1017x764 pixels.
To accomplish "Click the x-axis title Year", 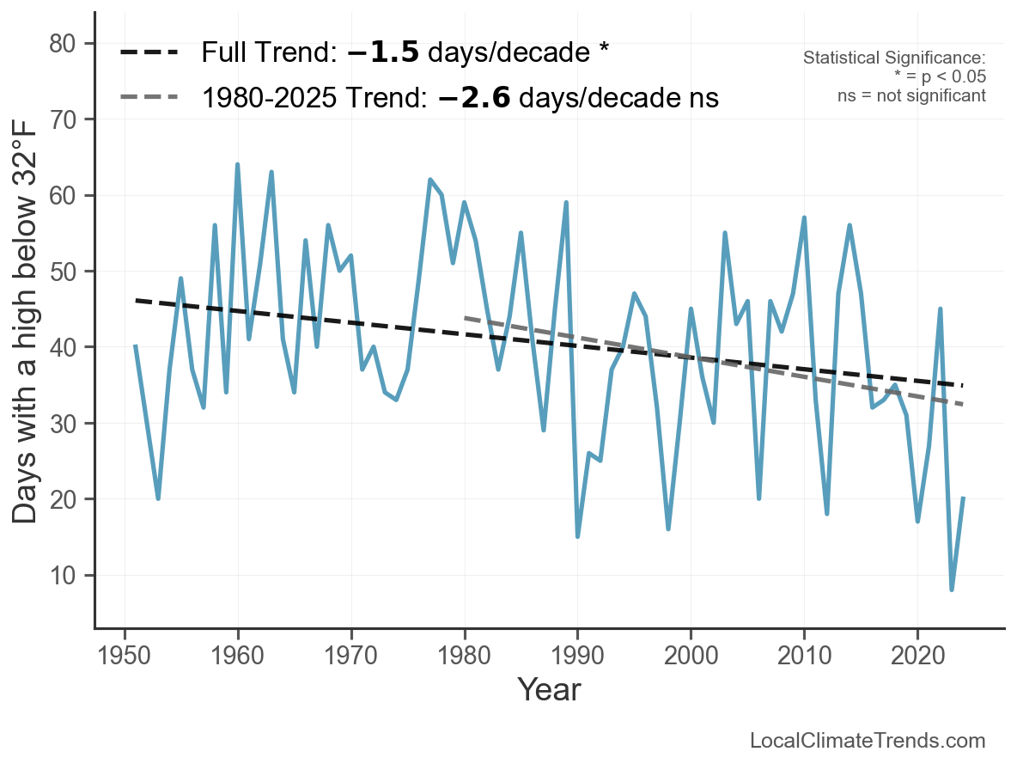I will click(549, 689).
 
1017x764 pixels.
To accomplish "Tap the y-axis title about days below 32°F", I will click(27, 335).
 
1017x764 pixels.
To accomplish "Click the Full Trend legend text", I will click(405, 52).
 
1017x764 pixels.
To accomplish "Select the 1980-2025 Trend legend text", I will click(460, 98).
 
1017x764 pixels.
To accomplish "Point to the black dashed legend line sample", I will click(149, 52).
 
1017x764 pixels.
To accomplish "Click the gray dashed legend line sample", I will click(149, 98).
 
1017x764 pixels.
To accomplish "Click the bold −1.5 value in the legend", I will click(383, 52).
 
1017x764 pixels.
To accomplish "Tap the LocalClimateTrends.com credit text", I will click(868, 741).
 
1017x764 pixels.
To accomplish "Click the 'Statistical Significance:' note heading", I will click(894, 58).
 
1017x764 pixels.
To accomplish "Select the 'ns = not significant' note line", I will click(911, 95).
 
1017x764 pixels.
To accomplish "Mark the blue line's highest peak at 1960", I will click(237, 164).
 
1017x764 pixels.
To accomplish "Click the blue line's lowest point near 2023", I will click(952, 590).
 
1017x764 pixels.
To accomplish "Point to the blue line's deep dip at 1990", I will click(577, 536).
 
